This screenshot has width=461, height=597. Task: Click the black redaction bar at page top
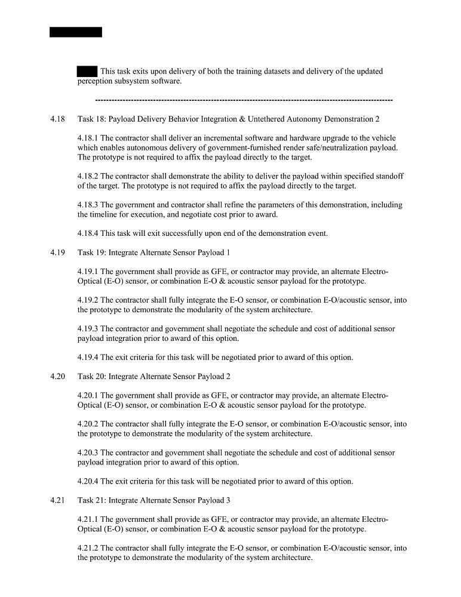pyautogui.click(x=76, y=32)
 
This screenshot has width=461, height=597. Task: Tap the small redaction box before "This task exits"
pyautogui.click(x=87, y=72)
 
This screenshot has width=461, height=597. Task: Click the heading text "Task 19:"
pyautogui.click(x=92, y=253)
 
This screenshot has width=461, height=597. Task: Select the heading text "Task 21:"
pyautogui.click(x=92, y=500)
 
